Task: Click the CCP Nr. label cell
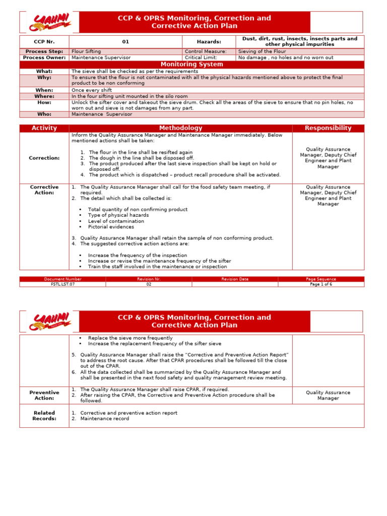[44, 42]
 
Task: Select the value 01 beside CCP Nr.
[125, 42]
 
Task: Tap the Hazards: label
[209, 42]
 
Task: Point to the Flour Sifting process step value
[86, 51]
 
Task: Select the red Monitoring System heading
[191, 64]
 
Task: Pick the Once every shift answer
[92, 90]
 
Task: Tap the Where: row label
[44, 96]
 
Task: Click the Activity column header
[44, 128]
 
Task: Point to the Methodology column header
[180, 128]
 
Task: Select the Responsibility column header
[328, 128]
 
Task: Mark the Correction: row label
[44, 158]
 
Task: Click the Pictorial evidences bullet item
[111, 227]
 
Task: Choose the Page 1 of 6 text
[320, 284]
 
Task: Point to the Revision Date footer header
[234, 279]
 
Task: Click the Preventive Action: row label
[44, 395]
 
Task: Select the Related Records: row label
[44, 415]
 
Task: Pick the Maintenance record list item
[104, 419]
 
